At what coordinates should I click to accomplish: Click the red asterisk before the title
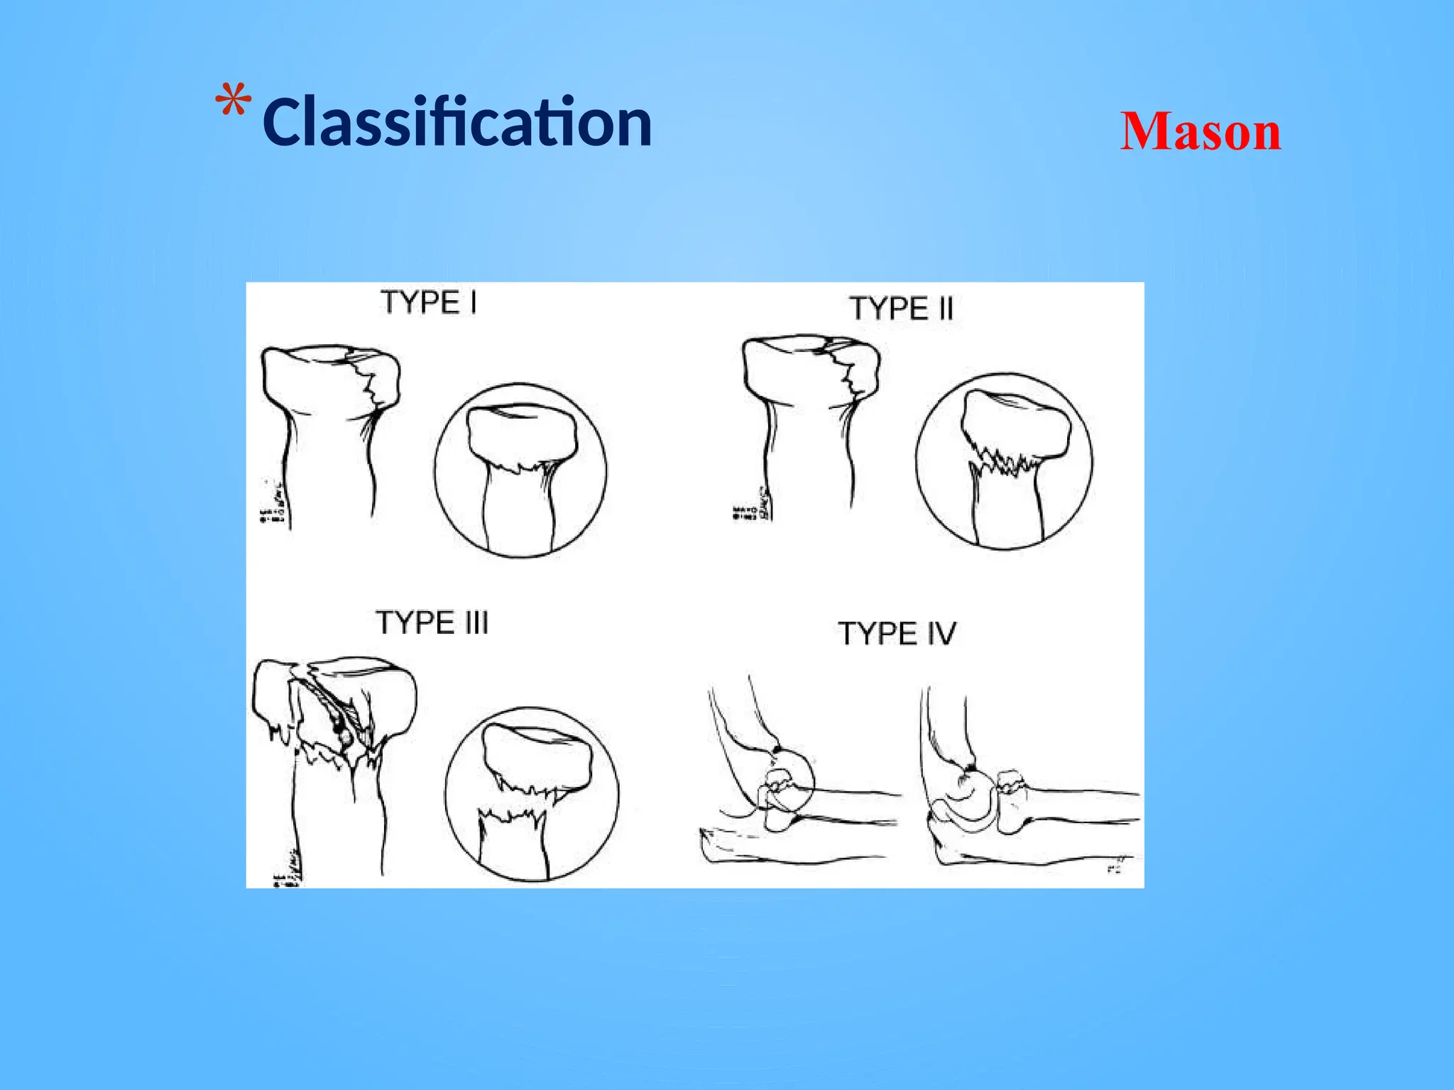tap(234, 101)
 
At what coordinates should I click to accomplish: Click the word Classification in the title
tap(457, 123)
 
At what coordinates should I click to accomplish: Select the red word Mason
tap(1201, 132)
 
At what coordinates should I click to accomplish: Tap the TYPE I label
tap(429, 303)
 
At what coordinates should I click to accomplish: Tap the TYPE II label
tap(901, 309)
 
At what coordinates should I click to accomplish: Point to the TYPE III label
tap(432, 623)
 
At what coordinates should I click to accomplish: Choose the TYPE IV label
tap(897, 633)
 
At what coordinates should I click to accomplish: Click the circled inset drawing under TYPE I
tap(520, 471)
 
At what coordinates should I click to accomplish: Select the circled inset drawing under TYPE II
tap(1004, 462)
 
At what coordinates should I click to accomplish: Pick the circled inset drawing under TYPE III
tap(532, 793)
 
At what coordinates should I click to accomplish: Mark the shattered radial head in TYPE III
tap(334, 717)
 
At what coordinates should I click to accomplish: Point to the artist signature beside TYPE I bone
tap(273, 503)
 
